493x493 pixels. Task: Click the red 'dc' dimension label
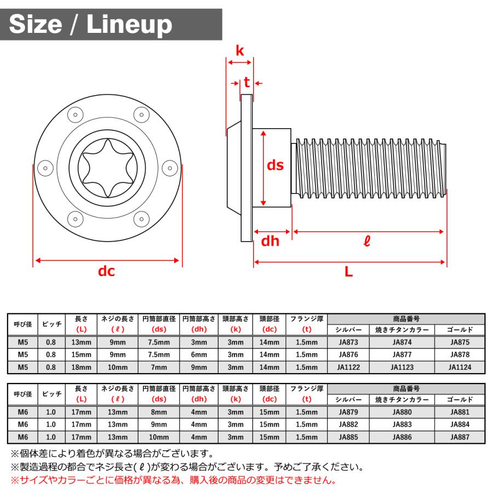(x=106, y=271)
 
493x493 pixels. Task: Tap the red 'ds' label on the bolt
(x=275, y=165)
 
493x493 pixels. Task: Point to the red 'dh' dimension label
(x=270, y=241)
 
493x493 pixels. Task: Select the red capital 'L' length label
(x=349, y=271)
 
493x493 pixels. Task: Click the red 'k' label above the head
(x=239, y=50)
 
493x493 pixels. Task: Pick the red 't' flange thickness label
(x=247, y=82)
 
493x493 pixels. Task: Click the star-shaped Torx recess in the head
(x=107, y=168)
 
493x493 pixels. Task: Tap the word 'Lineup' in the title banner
(x=129, y=25)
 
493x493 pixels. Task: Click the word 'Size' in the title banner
(x=36, y=24)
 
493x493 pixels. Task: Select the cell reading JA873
(x=348, y=342)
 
